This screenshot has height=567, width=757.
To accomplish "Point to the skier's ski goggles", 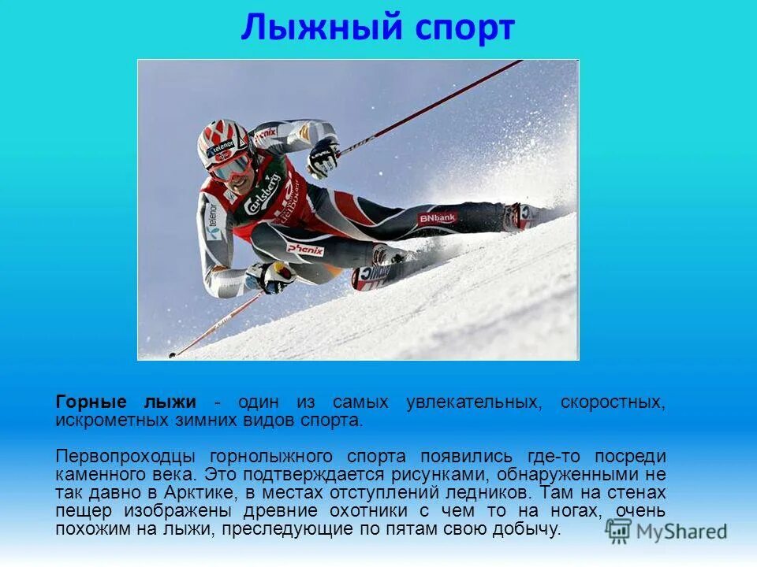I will (231, 167).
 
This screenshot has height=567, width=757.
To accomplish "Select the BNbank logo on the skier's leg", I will (437, 217).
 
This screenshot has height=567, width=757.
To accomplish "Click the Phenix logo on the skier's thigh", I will (305, 249).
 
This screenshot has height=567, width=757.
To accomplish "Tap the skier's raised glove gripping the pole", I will (323, 157).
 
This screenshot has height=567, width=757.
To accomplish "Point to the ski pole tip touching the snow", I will (172, 355).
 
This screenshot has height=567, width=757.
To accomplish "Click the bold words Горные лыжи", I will (126, 402).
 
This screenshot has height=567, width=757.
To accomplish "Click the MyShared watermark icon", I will (619, 530).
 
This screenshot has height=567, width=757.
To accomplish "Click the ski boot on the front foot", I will (386, 256).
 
